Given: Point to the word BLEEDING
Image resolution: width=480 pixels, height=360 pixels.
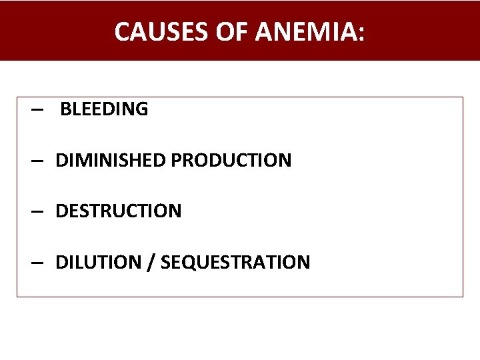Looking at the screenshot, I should point(104,109).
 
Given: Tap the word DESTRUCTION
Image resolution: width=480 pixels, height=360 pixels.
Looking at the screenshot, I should point(118,211).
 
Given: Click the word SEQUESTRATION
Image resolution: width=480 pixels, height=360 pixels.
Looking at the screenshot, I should point(235,262).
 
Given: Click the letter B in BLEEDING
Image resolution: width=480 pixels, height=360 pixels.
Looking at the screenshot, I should point(65,109).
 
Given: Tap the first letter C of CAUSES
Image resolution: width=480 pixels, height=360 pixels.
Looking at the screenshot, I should point(122,31).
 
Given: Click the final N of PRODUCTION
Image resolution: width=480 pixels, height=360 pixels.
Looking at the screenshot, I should point(285,161).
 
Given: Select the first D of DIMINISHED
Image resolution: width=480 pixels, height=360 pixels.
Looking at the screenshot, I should point(61,161).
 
